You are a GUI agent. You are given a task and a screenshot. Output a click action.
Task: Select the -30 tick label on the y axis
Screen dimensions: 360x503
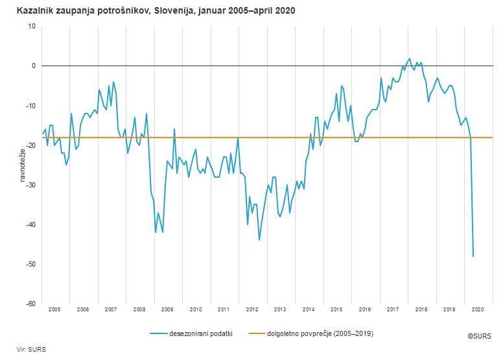click(30, 185)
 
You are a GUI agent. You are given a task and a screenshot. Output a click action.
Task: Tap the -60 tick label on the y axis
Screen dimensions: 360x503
click(30, 304)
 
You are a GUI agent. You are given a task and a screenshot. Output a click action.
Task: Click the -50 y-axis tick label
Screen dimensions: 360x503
click(30, 264)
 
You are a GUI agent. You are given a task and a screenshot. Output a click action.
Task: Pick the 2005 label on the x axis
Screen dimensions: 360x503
click(54, 310)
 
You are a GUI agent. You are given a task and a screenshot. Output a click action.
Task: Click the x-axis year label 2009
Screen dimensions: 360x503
click(167, 310)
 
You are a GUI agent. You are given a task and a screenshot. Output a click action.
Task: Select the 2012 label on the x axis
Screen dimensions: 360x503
click(252, 310)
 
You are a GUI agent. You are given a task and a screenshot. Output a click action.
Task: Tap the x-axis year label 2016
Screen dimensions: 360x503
click(365, 310)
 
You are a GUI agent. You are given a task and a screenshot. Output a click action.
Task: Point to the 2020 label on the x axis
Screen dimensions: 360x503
click(478, 310)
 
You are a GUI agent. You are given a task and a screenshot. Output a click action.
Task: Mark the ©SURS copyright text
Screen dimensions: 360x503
click(480, 337)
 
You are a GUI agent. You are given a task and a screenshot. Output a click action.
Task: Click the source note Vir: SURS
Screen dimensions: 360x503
click(27, 349)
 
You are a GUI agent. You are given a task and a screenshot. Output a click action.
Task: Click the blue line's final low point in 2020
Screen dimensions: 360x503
click(473, 256)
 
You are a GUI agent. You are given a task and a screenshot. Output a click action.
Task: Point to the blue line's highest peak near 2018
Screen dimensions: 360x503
click(410, 58)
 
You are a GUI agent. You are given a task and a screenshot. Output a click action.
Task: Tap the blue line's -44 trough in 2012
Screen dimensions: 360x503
click(259, 240)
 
